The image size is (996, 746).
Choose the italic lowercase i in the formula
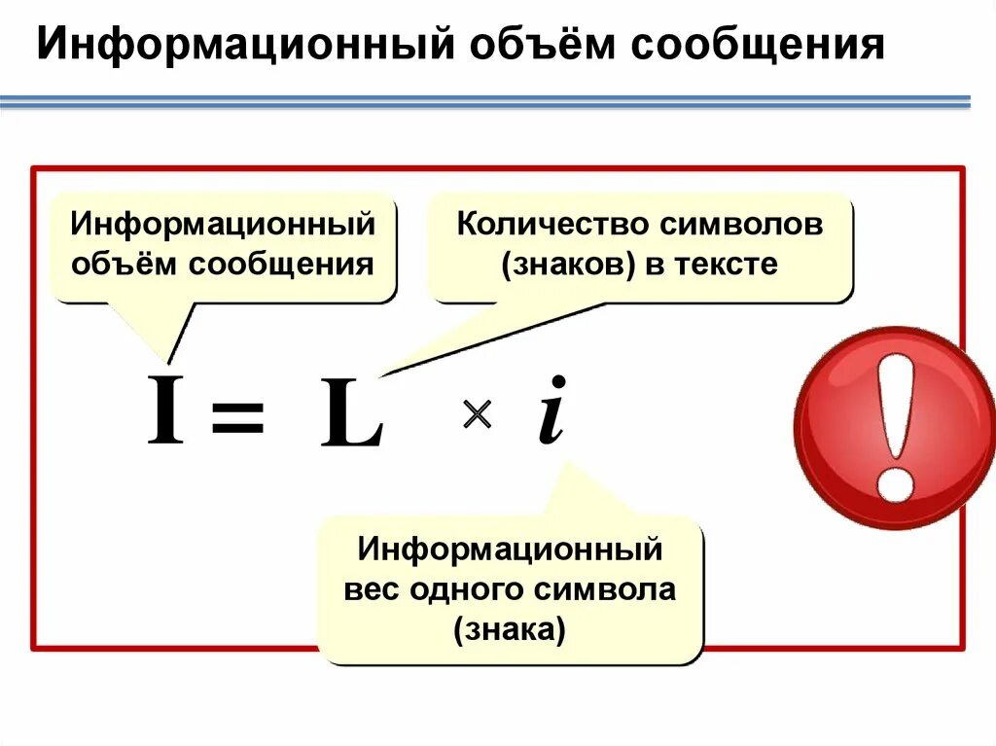coord(551,409)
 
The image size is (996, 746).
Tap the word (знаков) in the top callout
coord(561,265)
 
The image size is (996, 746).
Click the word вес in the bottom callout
coord(373,591)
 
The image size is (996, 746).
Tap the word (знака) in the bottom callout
coord(509,630)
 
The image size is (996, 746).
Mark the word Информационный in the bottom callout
coord(510,551)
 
